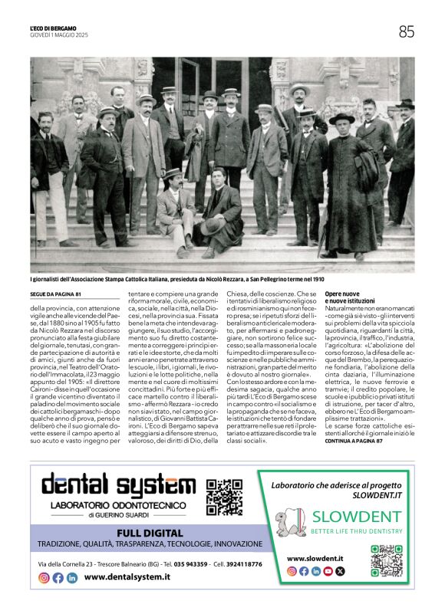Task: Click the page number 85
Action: [406, 31]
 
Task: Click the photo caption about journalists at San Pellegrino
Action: [166, 281]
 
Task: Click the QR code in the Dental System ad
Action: [225, 496]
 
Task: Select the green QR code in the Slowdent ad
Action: [386, 560]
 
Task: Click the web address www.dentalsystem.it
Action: [127, 577]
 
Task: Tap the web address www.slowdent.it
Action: [315, 560]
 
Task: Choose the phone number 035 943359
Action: [191, 563]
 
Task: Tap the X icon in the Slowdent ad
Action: [341, 571]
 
